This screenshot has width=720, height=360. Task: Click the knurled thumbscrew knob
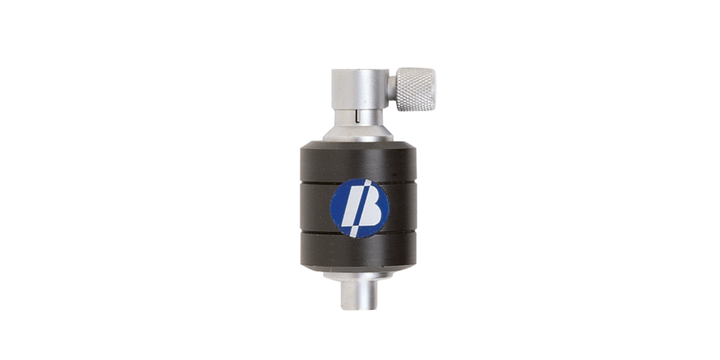[415, 89]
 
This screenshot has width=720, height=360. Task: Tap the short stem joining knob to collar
[392, 89]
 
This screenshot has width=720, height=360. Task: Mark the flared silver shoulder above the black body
[358, 133]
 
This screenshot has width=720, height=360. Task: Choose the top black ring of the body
[359, 163]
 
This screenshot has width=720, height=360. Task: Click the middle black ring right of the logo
[403, 208]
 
